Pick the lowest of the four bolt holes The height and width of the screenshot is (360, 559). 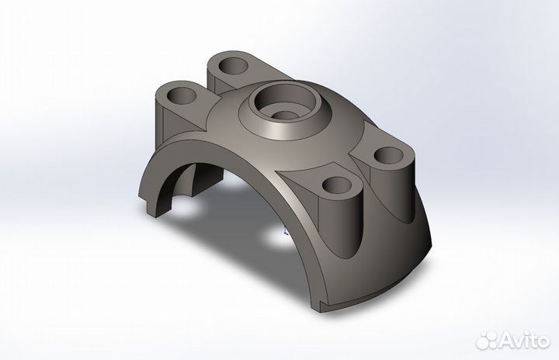[339, 185]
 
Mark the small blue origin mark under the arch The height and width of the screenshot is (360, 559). [285, 231]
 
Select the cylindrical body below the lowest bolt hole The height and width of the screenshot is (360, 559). [342, 225]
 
